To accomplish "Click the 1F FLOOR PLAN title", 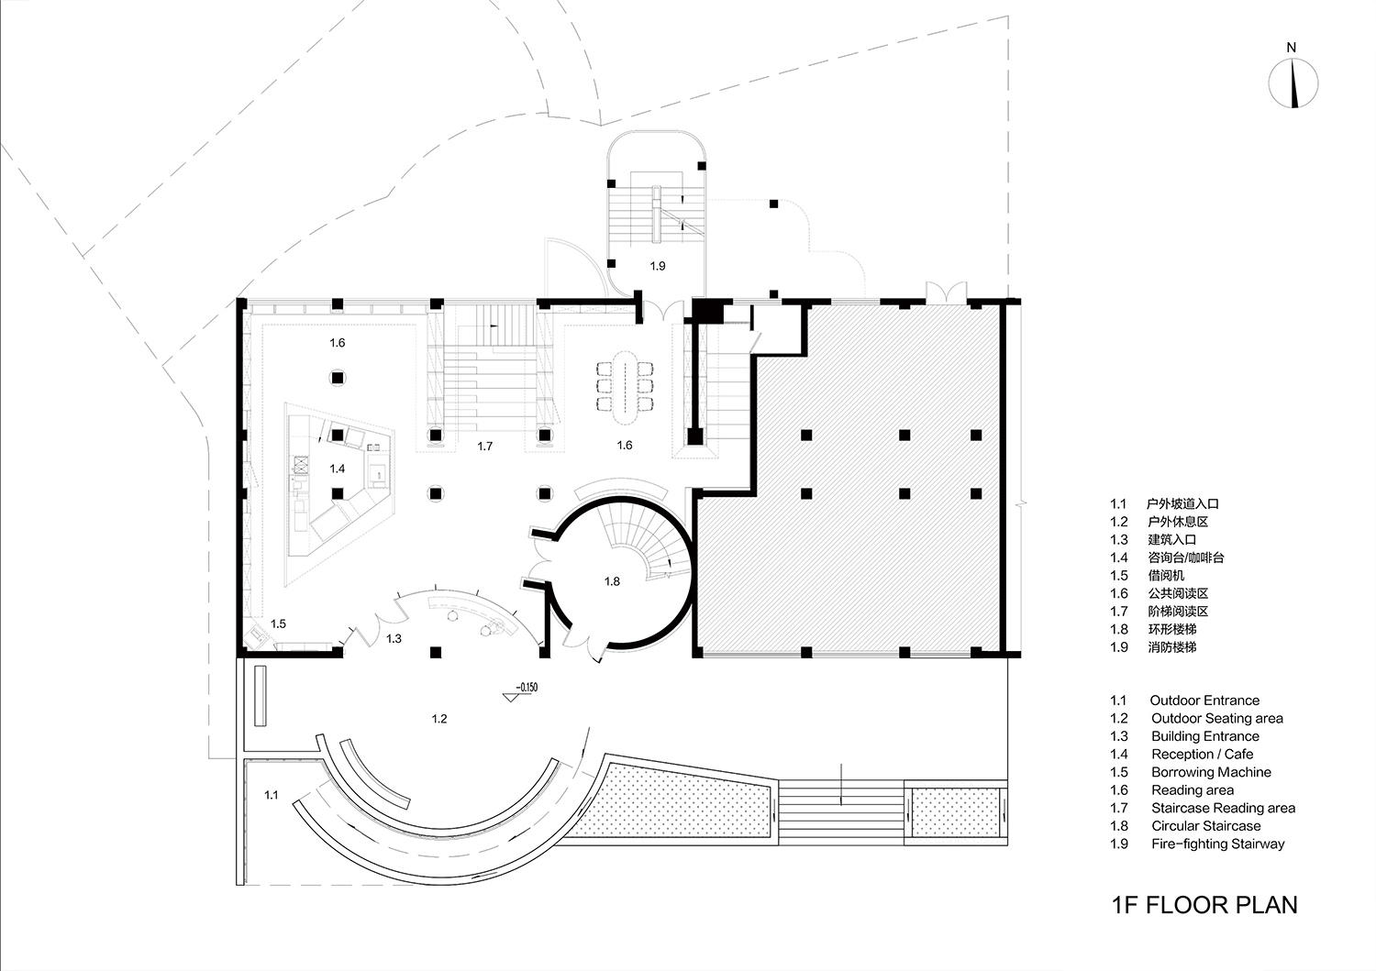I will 1204,905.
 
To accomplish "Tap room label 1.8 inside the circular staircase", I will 612,581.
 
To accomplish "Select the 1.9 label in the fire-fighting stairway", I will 657,266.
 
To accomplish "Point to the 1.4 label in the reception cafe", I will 338,469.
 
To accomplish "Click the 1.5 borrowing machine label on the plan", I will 278,623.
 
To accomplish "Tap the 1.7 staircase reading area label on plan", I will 485,447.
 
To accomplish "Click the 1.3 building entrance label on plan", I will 394,638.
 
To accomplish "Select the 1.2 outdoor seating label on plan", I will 439,719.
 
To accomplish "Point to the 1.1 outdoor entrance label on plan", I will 272,795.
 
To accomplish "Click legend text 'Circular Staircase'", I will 1205,826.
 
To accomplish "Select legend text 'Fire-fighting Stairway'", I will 1217,844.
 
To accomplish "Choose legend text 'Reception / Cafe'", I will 1202,755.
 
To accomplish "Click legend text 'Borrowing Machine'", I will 1211,772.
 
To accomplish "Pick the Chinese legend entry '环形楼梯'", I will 1172,629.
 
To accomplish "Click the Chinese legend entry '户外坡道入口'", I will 1182,503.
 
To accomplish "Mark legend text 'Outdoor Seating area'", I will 1216,719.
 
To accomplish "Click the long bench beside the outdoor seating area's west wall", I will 261,696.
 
